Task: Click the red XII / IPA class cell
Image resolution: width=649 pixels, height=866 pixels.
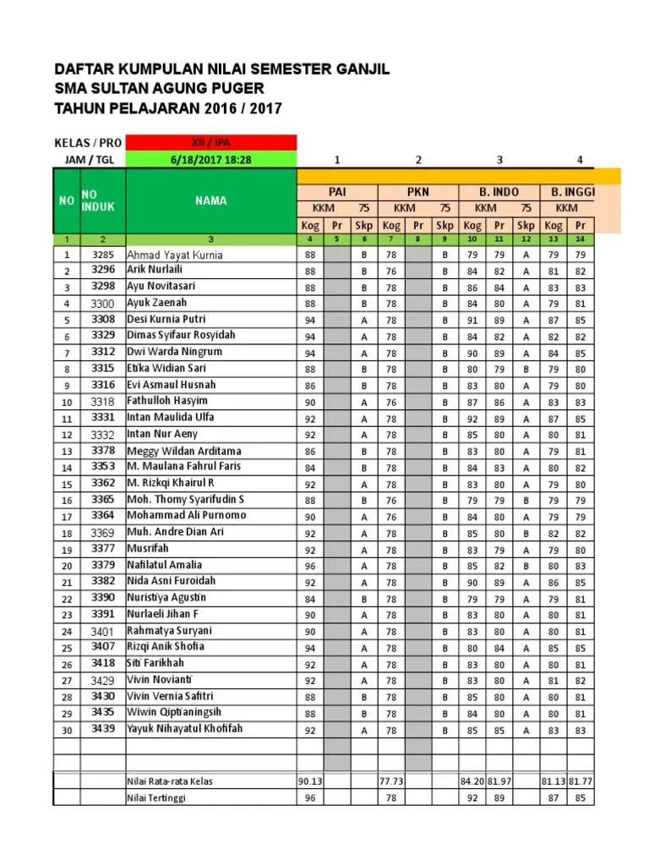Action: pos(211,142)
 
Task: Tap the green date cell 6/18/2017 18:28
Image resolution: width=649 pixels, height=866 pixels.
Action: pos(211,159)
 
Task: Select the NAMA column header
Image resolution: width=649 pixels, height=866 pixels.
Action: pos(211,200)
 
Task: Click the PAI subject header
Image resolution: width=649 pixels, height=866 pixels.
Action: pos(337,192)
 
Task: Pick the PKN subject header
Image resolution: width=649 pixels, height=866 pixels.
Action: pos(418,192)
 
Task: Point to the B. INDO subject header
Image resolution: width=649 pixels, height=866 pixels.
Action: pos(499,192)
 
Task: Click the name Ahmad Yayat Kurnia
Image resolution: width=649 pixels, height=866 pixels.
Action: pos(175,255)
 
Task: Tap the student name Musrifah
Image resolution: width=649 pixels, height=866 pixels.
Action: pos(148,548)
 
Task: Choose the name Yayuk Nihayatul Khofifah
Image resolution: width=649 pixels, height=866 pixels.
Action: pos(184,728)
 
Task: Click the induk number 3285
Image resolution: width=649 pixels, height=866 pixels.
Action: pos(102,255)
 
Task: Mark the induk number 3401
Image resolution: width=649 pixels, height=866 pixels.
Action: pos(102,631)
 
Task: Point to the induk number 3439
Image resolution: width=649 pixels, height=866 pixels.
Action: pos(102,728)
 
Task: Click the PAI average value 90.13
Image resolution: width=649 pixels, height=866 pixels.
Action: pos(310,781)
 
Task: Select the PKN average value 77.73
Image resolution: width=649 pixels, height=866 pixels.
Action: pos(391,781)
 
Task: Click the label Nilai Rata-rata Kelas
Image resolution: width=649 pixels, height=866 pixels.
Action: pos(170,781)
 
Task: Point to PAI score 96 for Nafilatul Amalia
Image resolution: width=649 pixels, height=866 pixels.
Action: pos(310,565)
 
